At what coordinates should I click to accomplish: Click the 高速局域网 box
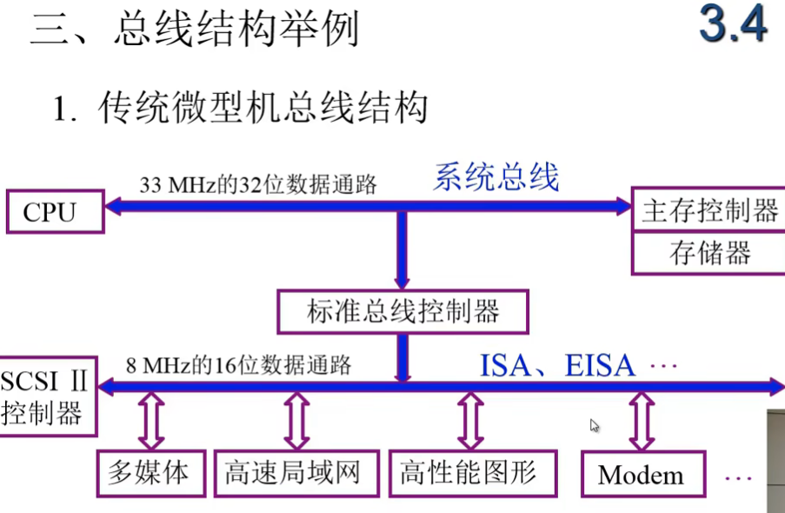pos(296,474)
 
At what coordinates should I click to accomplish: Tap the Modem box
pos(642,475)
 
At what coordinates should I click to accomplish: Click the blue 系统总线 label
pos(496,177)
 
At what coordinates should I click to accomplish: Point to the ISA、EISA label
pos(557,365)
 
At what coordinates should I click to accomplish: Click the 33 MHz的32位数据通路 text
pos(258,185)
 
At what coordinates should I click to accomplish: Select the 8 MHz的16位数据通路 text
pos(238,365)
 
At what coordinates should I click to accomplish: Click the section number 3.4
pos(733,26)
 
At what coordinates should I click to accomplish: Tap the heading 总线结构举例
pos(235,30)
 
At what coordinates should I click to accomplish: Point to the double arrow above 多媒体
pos(151,421)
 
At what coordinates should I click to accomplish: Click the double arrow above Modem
pos(642,421)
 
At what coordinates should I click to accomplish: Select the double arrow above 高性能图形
pos(470,421)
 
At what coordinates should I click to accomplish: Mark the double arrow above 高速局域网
pos(296,421)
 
